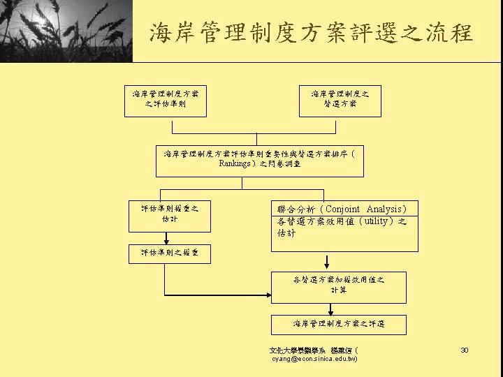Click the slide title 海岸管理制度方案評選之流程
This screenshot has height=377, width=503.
tap(311, 33)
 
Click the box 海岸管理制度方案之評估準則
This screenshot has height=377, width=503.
tap(166, 99)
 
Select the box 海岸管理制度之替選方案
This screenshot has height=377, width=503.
tap(340, 99)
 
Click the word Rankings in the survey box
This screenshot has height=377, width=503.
tap(234, 164)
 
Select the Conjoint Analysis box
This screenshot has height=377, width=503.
tap(344, 225)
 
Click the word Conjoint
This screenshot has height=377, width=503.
tap(342, 209)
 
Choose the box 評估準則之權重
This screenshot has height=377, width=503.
tap(170, 253)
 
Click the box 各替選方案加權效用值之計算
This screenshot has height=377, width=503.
tap(339, 285)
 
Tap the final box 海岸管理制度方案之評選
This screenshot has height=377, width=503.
tap(339, 324)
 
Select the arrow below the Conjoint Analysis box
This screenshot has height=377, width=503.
tap(327, 263)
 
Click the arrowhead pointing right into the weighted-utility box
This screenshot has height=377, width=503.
tap(267, 295)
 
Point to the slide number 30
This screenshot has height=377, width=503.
tap(465, 349)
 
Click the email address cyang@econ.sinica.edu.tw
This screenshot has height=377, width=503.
tap(314, 359)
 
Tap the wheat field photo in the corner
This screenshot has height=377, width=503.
tap(66, 31)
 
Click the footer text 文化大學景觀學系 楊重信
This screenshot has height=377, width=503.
tap(314, 349)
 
